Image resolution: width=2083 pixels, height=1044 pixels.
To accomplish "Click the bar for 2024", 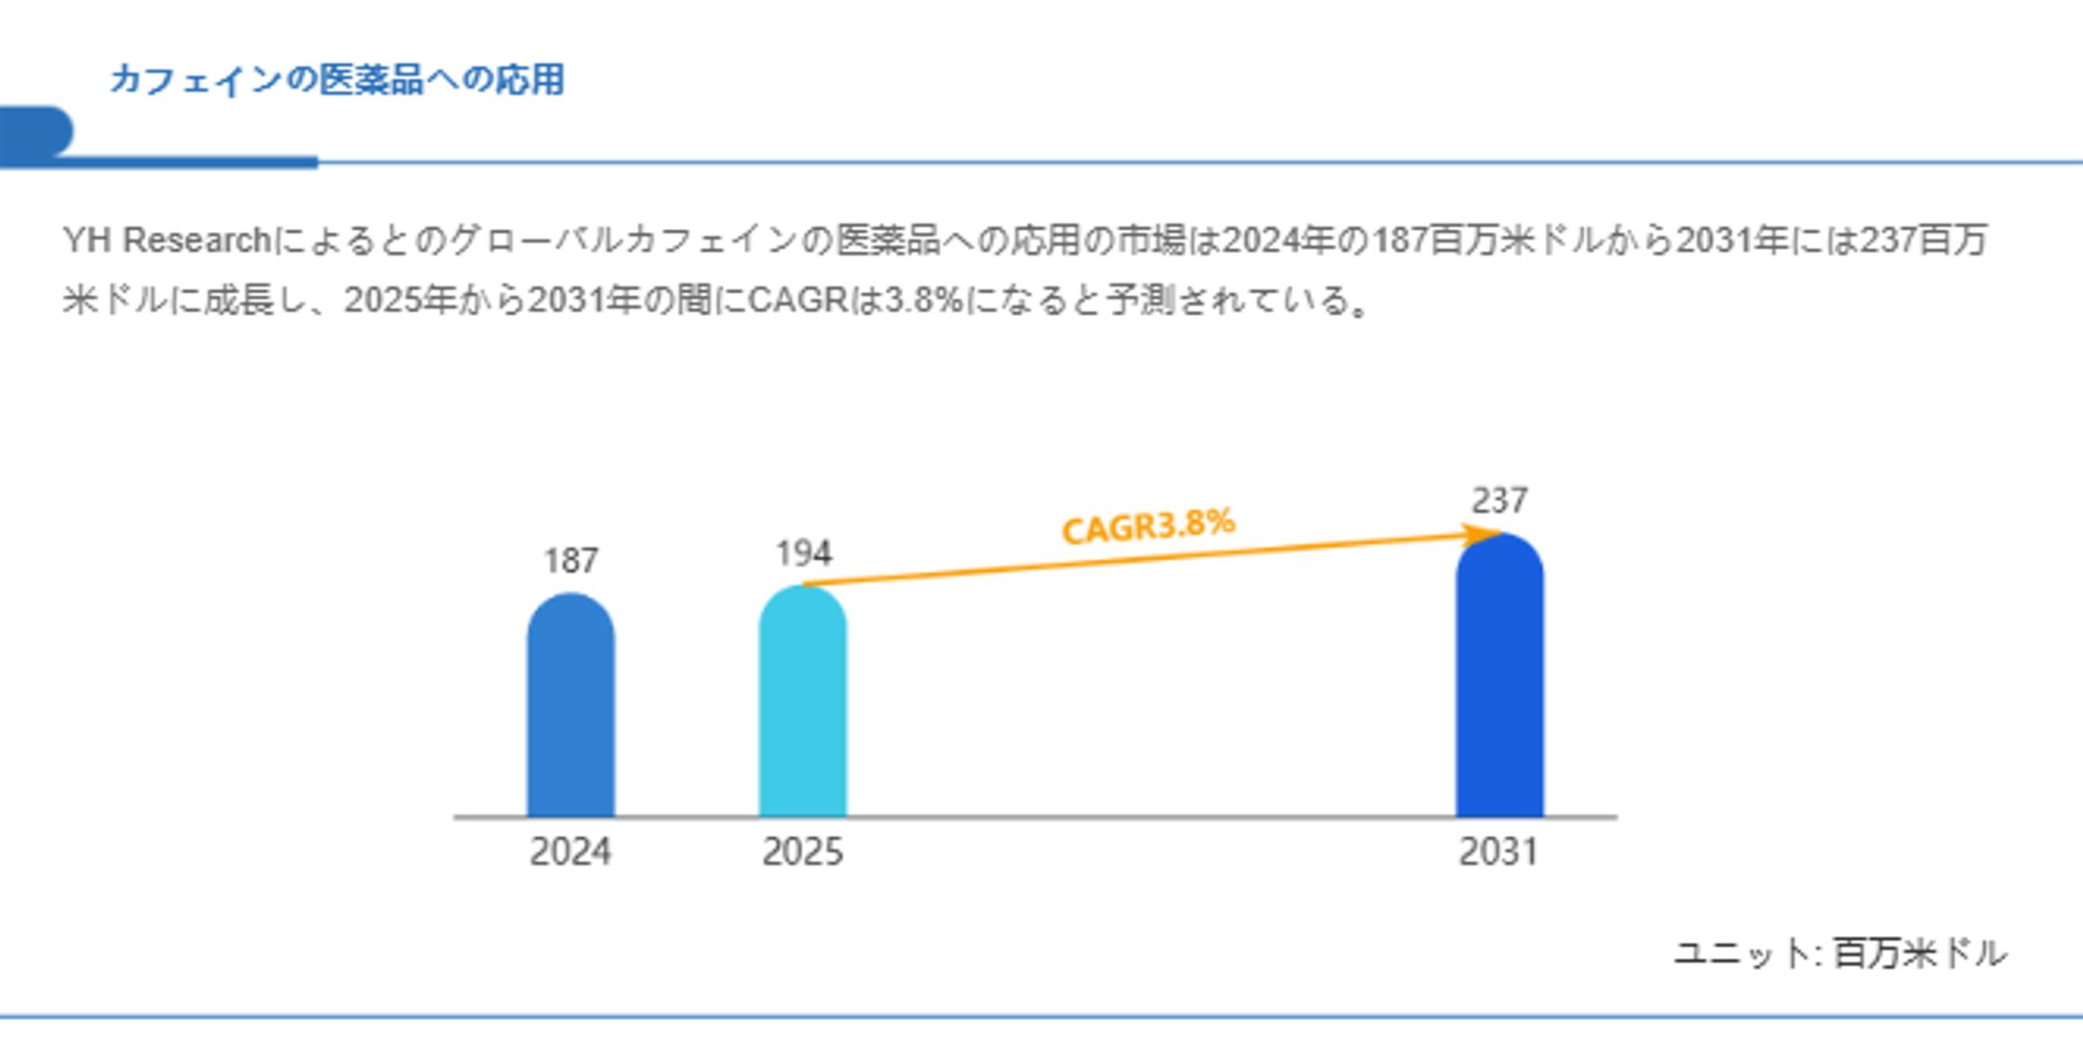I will pyautogui.click(x=570, y=706).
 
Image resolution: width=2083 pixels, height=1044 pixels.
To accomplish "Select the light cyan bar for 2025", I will pyautogui.click(x=802, y=701).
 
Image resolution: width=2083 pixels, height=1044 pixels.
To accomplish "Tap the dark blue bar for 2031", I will pyautogui.click(x=1499, y=678).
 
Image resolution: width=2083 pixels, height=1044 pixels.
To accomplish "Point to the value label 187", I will pyautogui.click(x=570, y=561).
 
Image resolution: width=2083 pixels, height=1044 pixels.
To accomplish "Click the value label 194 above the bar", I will pyautogui.click(x=803, y=553).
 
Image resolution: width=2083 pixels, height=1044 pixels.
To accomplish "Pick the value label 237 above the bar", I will pyautogui.click(x=1499, y=500).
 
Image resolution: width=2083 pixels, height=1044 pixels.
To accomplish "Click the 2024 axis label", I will pyautogui.click(x=570, y=851).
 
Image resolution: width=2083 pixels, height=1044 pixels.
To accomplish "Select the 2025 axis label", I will pyautogui.click(x=802, y=851).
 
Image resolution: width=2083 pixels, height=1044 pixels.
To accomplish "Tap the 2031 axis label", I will pyautogui.click(x=1498, y=851).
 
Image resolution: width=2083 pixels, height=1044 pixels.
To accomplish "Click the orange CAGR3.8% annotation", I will pyautogui.click(x=1147, y=526).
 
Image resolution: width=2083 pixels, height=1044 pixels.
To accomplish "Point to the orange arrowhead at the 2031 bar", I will pyautogui.click(x=1485, y=534).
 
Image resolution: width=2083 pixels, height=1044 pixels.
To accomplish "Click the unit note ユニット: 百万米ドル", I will pyautogui.click(x=1840, y=953).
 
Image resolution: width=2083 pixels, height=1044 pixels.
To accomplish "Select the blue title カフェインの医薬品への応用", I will pyautogui.click(x=337, y=79).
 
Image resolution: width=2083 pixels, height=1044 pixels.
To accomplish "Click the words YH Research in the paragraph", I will pyautogui.click(x=167, y=240).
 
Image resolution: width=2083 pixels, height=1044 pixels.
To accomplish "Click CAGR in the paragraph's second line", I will pyautogui.click(x=797, y=301).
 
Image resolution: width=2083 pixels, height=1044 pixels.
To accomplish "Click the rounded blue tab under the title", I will pyautogui.click(x=36, y=132).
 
